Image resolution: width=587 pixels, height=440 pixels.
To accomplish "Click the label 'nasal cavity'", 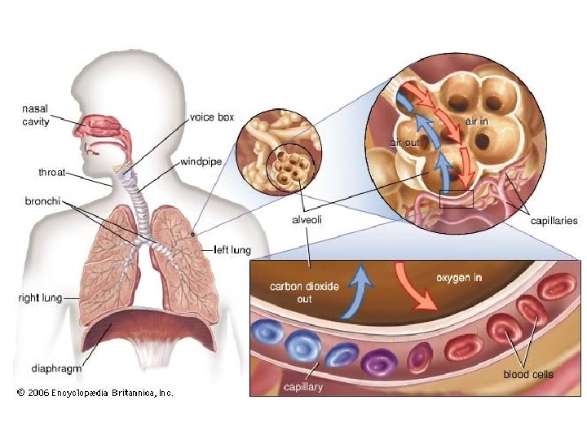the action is [34, 115].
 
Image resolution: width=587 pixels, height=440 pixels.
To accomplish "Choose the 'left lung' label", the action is [232, 249].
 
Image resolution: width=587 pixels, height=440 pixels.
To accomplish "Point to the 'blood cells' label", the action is [527, 374].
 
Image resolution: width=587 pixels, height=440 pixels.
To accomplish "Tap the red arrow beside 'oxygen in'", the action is [412, 286].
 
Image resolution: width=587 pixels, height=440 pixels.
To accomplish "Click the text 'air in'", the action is [476, 121].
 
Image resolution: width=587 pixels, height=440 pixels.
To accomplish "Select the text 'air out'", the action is [404, 143].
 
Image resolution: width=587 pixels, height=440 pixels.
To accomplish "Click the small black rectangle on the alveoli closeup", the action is [456, 199].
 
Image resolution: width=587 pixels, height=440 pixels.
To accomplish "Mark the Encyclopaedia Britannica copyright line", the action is [95, 393].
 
